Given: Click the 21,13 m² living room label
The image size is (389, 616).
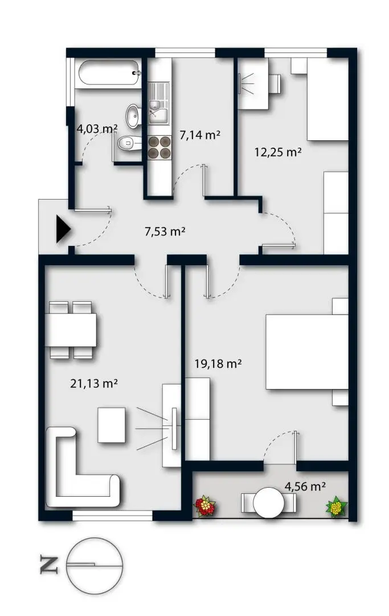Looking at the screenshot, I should (94, 383).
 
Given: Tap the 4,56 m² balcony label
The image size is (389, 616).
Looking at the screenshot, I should (305, 487).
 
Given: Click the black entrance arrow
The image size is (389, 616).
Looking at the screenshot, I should (62, 229).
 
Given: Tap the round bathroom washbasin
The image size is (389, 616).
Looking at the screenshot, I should (133, 116).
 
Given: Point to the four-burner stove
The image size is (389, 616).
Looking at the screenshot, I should (160, 148).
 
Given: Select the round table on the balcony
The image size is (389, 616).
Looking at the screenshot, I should (269, 502).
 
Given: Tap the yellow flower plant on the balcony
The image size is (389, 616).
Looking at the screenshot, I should (337, 506).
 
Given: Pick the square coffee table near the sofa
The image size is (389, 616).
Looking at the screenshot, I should (111, 425).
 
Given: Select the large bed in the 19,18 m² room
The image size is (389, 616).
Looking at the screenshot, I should (306, 352).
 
